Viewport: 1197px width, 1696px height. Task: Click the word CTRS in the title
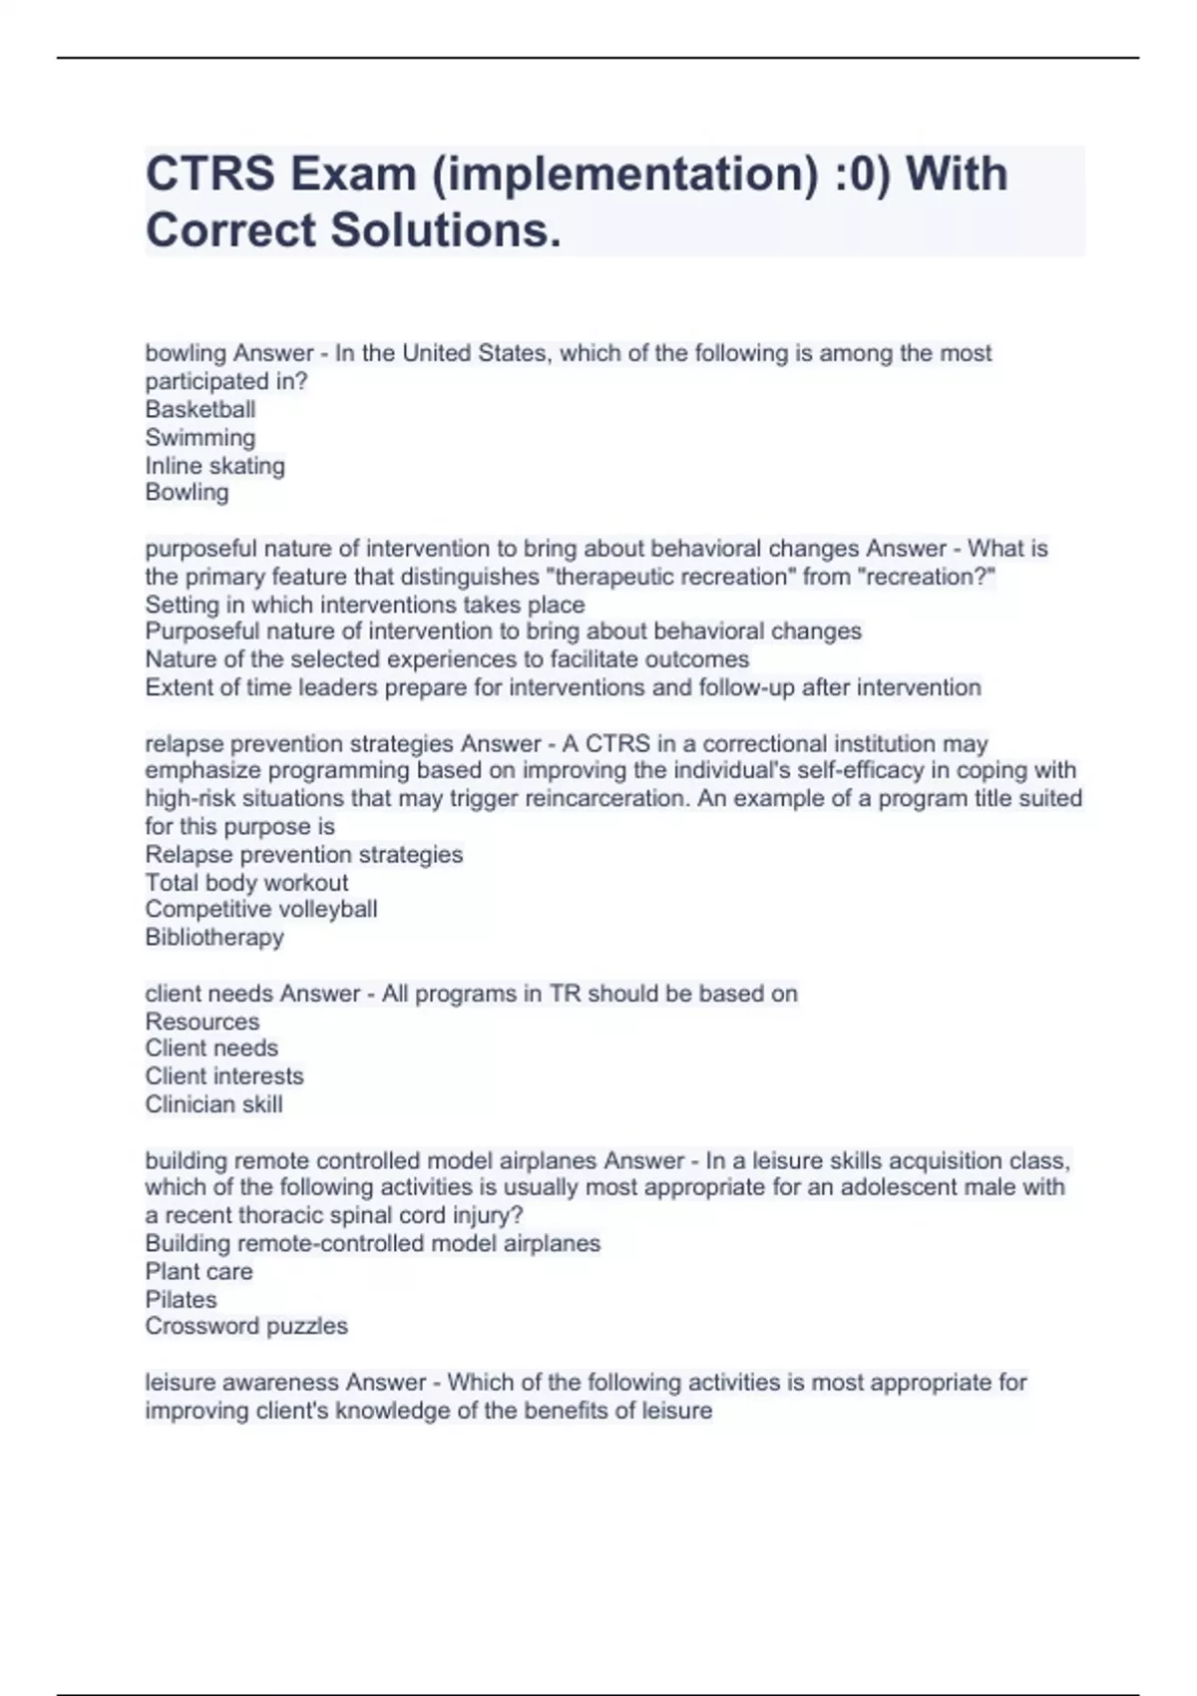(x=210, y=174)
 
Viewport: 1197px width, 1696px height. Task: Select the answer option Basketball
(x=200, y=409)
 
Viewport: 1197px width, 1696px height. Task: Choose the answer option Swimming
(x=200, y=437)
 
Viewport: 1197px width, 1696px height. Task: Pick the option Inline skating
(x=214, y=465)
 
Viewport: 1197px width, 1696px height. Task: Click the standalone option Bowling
(x=187, y=492)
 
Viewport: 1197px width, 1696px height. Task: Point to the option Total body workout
(x=246, y=882)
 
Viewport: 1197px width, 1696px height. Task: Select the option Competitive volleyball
(x=260, y=909)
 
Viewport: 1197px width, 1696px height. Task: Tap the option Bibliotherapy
(x=214, y=937)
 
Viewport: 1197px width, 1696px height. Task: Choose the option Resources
(x=201, y=1021)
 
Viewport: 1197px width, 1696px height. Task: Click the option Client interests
(x=224, y=1075)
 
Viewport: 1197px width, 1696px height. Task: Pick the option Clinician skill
(x=213, y=1103)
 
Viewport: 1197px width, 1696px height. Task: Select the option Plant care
(x=199, y=1271)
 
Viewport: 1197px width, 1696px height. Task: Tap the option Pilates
(x=181, y=1299)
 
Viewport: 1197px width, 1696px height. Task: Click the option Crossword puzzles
(x=246, y=1326)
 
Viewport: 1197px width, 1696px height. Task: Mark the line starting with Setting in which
(x=365, y=605)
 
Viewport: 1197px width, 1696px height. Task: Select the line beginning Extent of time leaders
(x=563, y=687)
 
